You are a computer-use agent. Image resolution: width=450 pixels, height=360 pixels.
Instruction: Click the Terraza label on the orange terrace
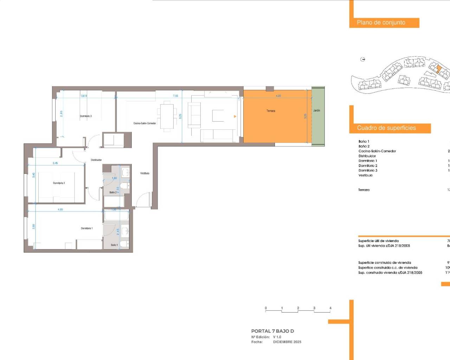pos(271,111)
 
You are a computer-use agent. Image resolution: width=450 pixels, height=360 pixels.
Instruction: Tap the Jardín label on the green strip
pos(317,110)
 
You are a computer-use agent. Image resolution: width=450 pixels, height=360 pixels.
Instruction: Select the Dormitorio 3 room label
pos(86,116)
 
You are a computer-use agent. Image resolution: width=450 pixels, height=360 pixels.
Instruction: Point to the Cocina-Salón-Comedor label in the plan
pos(144,123)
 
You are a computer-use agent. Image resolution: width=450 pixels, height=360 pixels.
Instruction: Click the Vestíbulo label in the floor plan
pos(145,173)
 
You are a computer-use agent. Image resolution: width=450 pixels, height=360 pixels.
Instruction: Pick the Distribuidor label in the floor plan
pos(96,160)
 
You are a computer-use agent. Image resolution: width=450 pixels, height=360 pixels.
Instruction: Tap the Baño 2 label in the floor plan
pos(113,192)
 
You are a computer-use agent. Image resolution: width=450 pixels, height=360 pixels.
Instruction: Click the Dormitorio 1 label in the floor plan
pos(87,228)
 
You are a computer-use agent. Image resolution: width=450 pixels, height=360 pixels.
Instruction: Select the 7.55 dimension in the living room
pos(175,96)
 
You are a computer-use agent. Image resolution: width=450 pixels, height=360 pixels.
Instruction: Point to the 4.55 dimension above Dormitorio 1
pos(60,210)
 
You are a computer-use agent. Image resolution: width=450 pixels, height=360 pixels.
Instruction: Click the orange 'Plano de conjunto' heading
pos(381,22)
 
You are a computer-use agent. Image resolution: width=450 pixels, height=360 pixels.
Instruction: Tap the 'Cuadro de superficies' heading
pos(386,128)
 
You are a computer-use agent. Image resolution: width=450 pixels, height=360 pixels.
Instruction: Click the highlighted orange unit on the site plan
pos(438,69)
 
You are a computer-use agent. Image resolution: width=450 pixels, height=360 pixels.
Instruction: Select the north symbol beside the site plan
pos(363,59)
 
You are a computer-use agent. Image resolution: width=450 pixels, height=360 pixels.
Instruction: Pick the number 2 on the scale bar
pos(298,308)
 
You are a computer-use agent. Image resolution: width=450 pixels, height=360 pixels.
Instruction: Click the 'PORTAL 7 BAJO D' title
pos(272,331)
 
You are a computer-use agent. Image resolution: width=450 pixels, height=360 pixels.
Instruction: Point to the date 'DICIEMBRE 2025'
pos(287,342)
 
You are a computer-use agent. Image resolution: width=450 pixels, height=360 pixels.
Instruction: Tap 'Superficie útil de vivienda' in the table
pos(378,241)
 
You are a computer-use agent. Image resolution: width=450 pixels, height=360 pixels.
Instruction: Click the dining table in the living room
pos(167,116)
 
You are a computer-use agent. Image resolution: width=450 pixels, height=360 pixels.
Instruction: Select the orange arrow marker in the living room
pos(235,116)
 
